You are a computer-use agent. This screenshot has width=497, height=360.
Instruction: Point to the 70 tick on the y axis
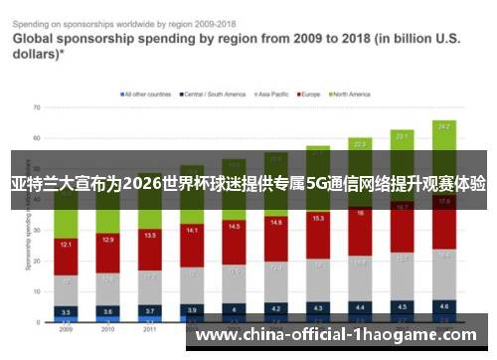37,106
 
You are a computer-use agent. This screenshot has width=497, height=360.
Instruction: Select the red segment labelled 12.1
66,245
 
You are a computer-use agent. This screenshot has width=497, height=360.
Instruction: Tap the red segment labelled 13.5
150,237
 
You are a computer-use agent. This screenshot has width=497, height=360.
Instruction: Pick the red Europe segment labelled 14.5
234,228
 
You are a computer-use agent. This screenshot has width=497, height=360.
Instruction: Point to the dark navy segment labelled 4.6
443,306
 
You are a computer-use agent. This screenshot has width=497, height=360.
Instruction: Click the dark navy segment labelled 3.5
66,311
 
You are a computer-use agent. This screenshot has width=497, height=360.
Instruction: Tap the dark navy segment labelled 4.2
275,308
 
